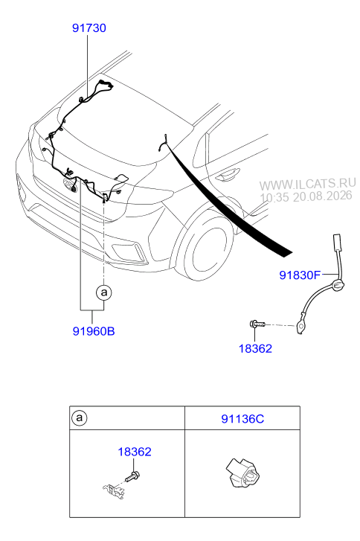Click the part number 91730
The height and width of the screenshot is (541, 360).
[89, 28]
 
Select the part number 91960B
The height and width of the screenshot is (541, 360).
[94, 331]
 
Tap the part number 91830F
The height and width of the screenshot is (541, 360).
[300, 275]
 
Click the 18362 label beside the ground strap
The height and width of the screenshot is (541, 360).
[255, 348]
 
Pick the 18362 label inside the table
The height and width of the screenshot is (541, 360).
[135, 452]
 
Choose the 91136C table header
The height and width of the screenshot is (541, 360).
[242, 419]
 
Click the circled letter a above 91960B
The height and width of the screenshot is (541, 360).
[104, 292]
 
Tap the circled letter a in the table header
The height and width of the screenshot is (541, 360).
[80, 418]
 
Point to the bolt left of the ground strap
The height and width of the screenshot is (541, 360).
[257, 324]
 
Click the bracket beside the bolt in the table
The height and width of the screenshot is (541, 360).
[113, 490]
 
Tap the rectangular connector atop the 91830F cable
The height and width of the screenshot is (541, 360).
[336, 243]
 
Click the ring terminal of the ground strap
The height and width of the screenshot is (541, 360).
[300, 326]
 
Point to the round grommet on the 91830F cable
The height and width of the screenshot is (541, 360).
[338, 286]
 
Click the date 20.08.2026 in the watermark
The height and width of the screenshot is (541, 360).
[322, 196]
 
